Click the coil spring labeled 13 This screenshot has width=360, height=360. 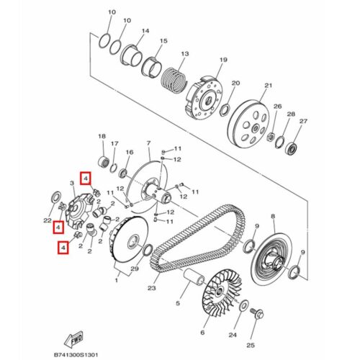coord(174,80)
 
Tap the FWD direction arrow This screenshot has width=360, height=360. coord(74,339)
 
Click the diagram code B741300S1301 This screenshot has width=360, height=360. coord(76,354)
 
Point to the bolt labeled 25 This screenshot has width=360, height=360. coord(257,313)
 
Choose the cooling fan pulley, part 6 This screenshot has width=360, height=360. coord(222,292)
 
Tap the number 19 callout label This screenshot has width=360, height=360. coord(223,60)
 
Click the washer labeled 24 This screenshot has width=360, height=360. coord(244,306)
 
